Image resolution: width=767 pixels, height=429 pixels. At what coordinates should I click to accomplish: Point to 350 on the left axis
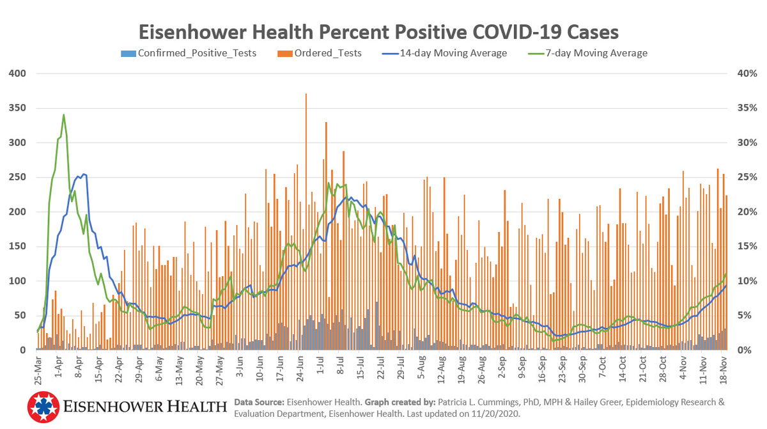[x=17, y=108]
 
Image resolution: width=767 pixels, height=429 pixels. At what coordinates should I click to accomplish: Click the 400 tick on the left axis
[x=17, y=74]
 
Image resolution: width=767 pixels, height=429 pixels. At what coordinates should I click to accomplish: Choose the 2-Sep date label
[x=502, y=371]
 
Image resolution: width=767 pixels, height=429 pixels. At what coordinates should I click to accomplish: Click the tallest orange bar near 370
[x=306, y=95]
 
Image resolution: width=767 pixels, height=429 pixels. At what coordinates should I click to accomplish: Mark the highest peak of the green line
[x=63, y=115]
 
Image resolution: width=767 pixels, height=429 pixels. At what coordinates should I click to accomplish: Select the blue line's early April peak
[x=84, y=174]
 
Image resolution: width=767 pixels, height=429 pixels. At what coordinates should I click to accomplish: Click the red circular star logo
[x=43, y=407]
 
